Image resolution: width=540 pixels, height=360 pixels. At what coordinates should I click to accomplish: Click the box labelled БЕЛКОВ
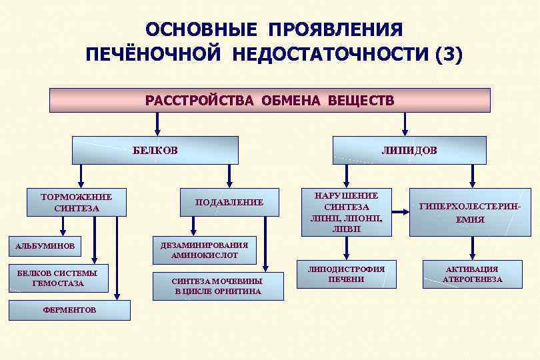(155, 150)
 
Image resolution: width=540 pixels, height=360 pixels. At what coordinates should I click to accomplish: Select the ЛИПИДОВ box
(409, 150)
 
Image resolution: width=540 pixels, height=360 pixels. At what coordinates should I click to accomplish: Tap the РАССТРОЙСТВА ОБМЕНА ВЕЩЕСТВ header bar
(270, 100)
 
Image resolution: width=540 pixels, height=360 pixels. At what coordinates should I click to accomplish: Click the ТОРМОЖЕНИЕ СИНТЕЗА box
(76, 203)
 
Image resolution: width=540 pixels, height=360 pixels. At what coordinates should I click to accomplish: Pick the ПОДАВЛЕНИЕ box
(229, 202)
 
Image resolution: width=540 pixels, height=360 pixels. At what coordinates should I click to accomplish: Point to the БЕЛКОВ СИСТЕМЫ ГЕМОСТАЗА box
(57, 279)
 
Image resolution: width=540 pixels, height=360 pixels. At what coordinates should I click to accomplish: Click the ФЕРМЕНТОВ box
(69, 310)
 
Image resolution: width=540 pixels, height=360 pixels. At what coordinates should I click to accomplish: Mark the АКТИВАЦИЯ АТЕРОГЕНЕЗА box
(472, 274)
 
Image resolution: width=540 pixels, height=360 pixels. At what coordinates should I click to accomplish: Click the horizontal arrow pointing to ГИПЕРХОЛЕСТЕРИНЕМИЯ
(399, 213)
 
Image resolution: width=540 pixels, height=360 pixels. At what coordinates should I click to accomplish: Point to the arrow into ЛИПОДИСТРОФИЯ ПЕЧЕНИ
(346, 248)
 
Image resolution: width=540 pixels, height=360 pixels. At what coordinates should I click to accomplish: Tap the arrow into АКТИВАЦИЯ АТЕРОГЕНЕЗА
(472, 248)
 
